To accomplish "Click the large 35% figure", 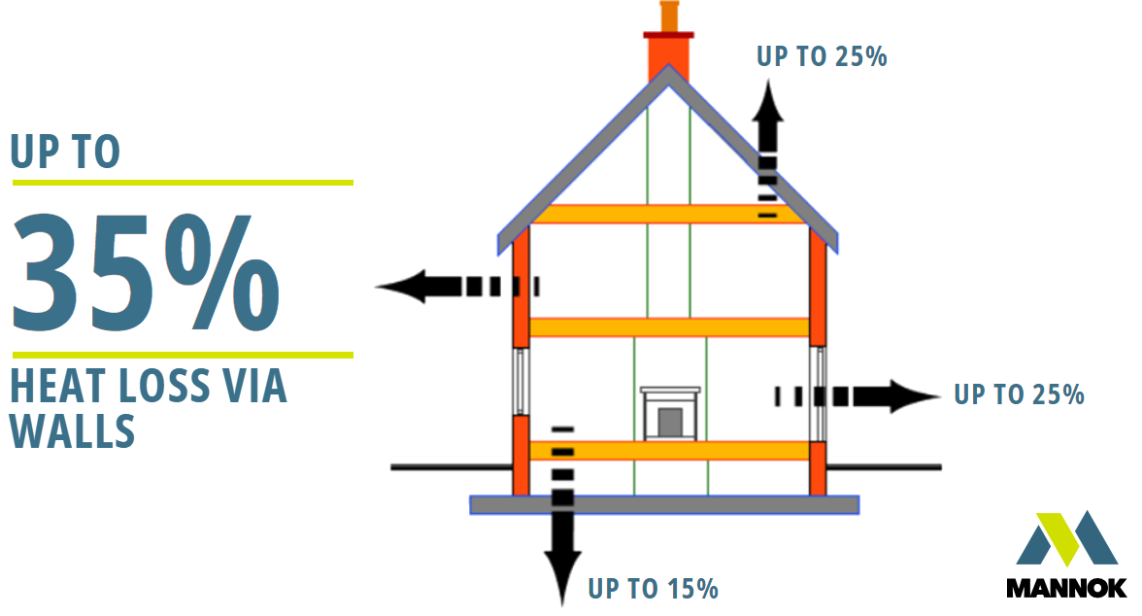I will coord(146,268).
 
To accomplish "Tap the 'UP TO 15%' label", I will coord(653,588).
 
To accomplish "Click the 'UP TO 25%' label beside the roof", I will coord(822,56).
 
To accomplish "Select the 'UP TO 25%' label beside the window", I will coord(1019,394).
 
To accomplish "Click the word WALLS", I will coord(72,430).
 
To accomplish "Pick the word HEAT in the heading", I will coord(53,388).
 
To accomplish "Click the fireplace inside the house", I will coord(669,413).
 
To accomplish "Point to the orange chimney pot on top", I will coord(668,17).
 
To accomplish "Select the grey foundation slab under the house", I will coord(664,504).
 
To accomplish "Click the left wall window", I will coord(521,380).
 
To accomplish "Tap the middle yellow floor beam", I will coord(668,326).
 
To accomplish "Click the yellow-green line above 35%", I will coord(183,182).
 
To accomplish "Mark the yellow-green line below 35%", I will coord(183,355).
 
